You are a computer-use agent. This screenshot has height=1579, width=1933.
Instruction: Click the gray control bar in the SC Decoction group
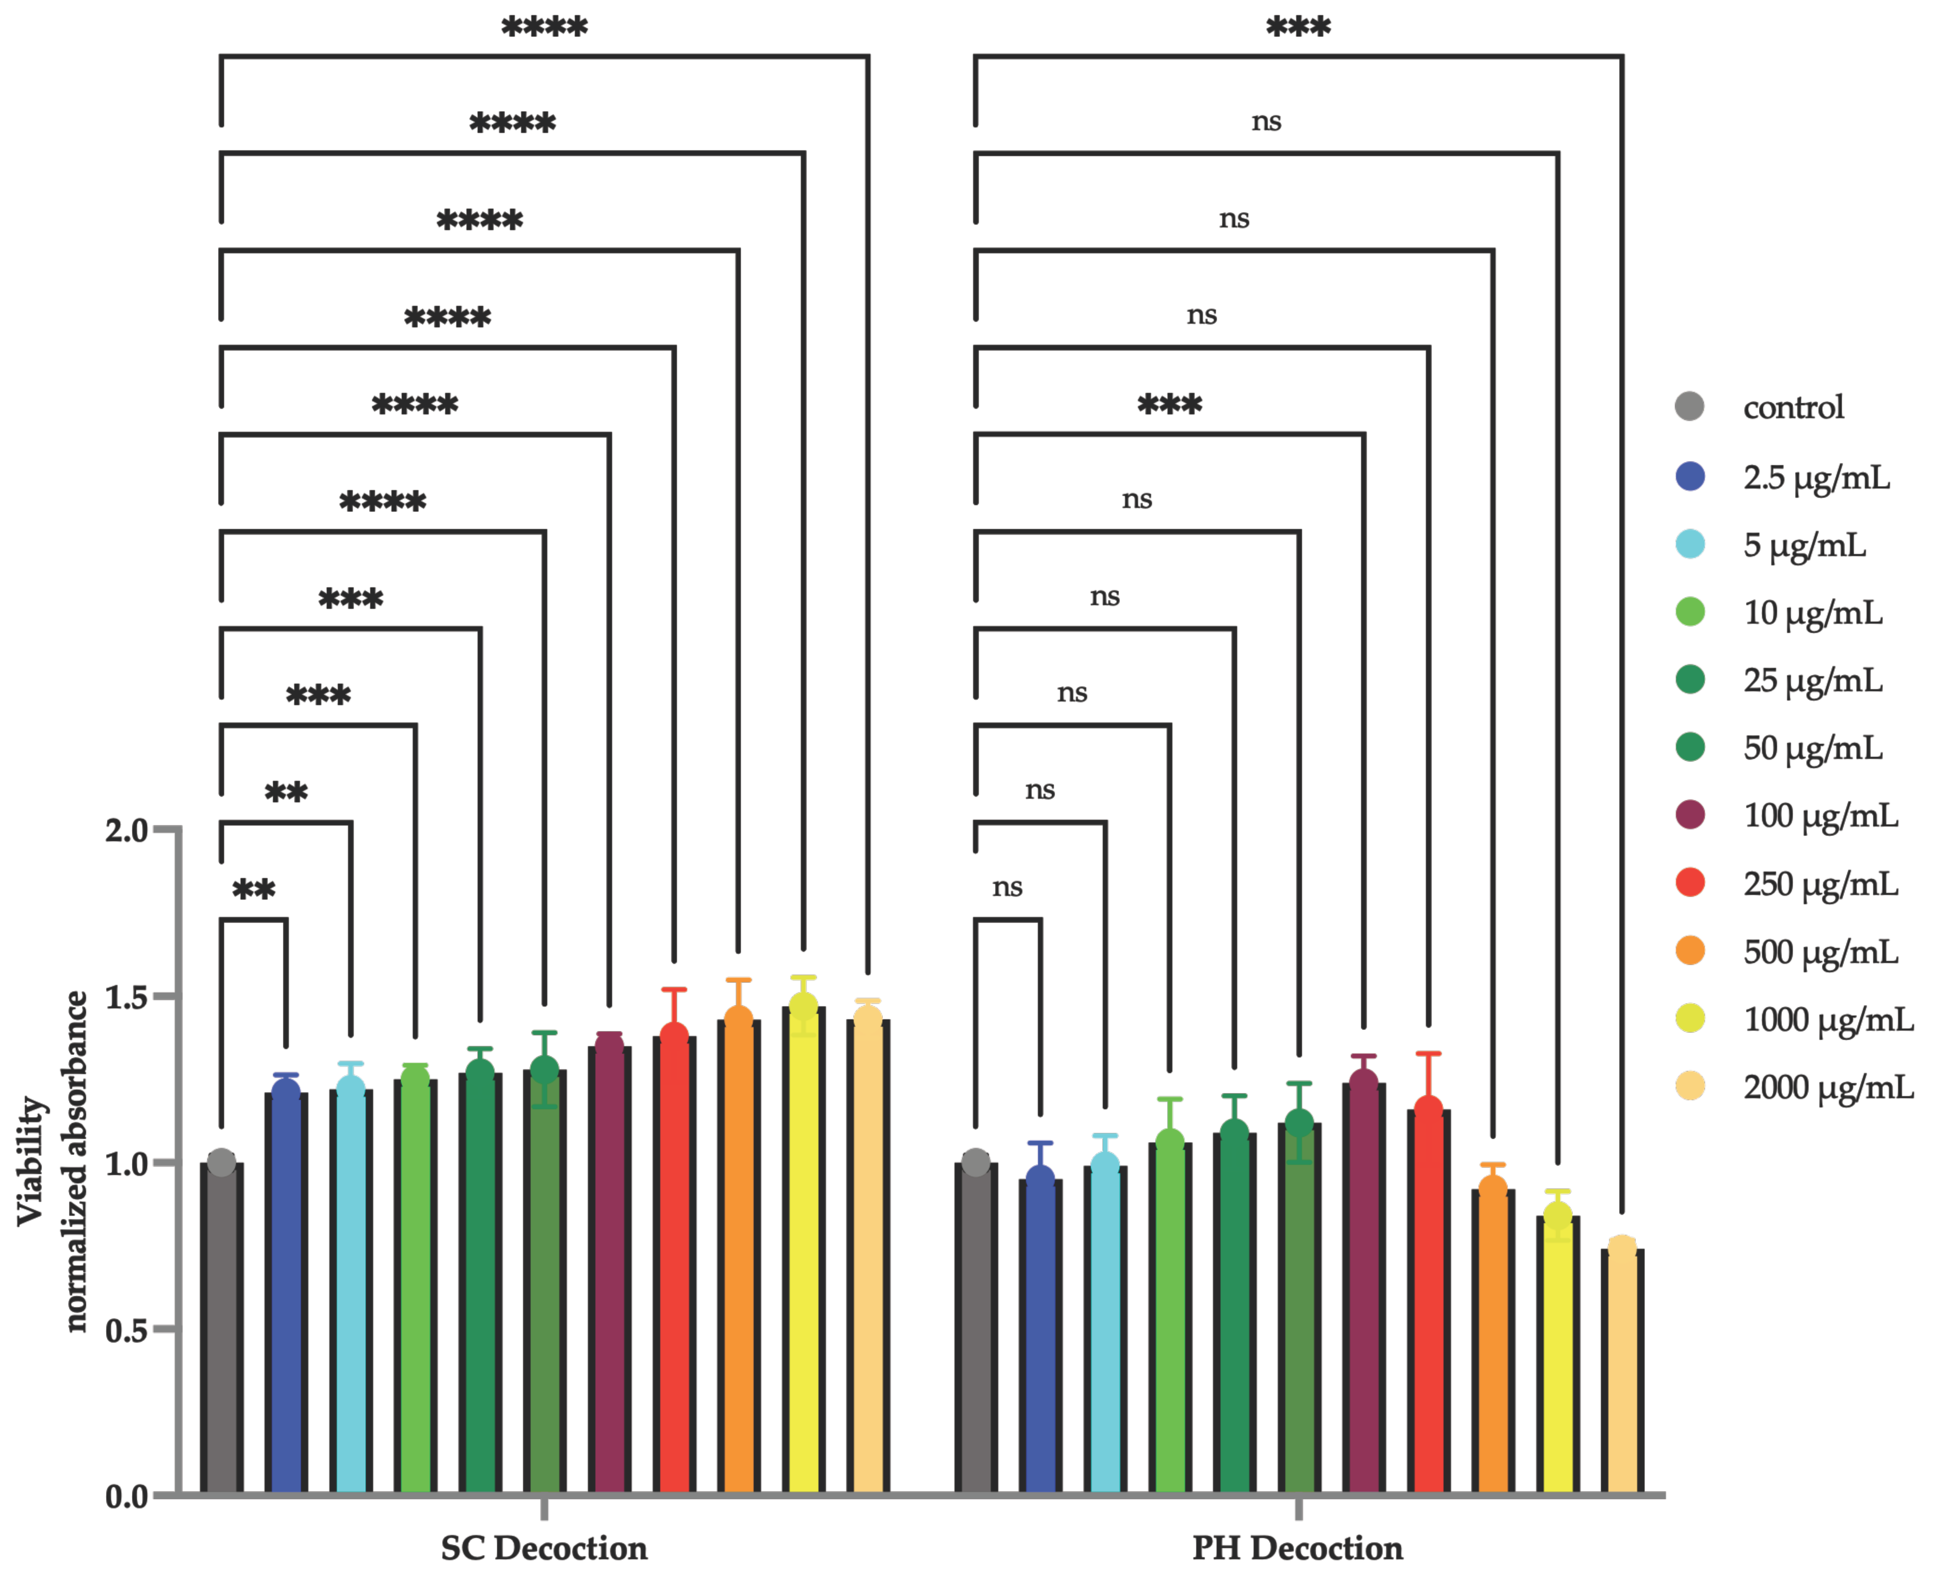[221, 1328]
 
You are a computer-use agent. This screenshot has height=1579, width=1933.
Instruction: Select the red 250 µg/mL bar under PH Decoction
[1428, 1301]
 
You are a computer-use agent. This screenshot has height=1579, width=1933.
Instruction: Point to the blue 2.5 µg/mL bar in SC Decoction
[286, 1292]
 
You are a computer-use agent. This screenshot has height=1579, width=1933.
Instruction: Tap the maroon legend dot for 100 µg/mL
[1689, 815]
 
